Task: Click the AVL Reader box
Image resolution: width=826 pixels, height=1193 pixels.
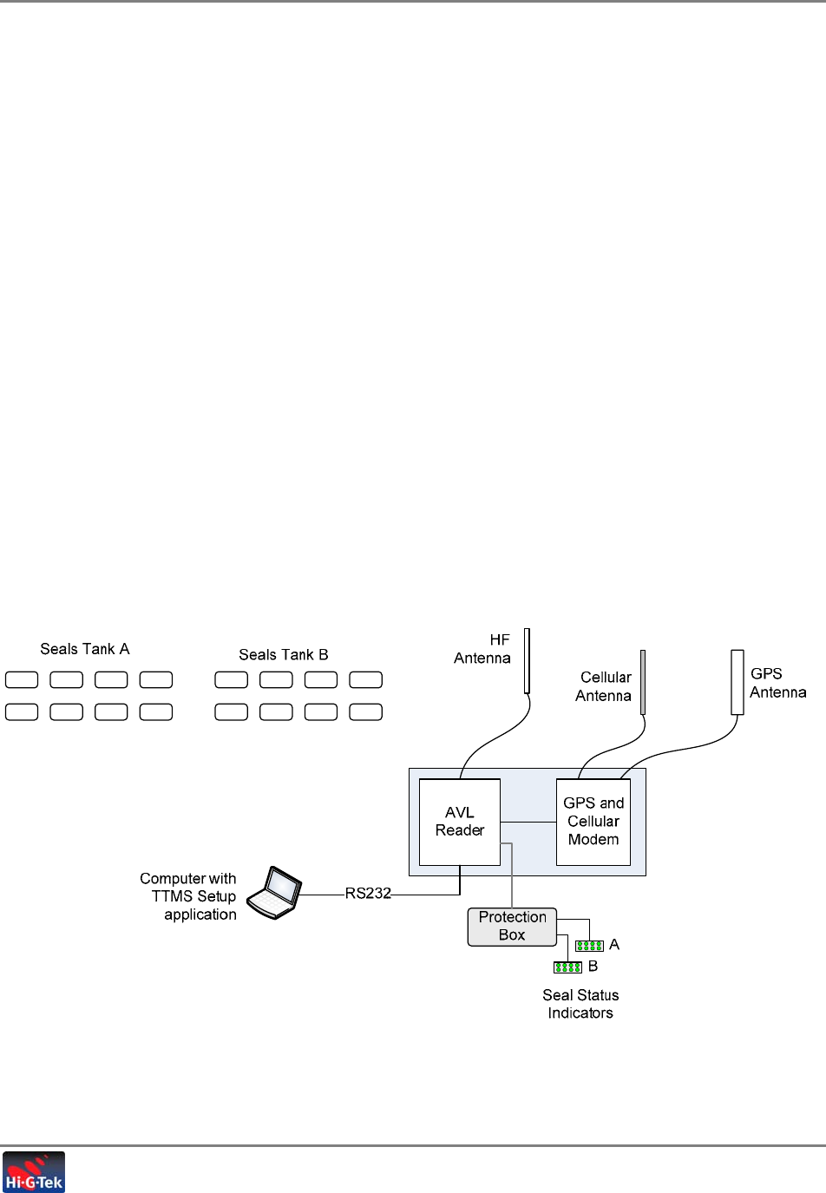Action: tap(459, 822)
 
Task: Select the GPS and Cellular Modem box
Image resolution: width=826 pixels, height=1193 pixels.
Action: tap(593, 822)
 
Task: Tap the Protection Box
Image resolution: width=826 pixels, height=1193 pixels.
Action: tap(512, 927)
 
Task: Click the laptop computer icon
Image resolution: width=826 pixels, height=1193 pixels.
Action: tap(274, 892)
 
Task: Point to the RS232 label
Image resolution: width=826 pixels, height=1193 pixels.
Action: tap(368, 894)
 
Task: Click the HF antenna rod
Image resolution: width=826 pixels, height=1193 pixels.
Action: tap(527, 661)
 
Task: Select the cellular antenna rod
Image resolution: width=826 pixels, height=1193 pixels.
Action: tap(643, 682)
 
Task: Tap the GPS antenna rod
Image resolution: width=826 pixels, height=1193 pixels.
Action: tap(737, 682)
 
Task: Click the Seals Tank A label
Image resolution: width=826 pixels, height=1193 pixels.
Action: tap(85, 649)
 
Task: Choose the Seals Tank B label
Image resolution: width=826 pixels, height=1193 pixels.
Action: tap(284, 655)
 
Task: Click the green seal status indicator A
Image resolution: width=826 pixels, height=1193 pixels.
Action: tap(590, 946)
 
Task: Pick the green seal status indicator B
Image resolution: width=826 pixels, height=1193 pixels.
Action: tap(567, 967)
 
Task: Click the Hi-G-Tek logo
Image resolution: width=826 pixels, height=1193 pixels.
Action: tap(34, 1172)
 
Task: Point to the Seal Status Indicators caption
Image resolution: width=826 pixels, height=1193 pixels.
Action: tap(580, 1004)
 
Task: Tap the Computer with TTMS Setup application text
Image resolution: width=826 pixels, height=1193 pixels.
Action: tap(189, 896)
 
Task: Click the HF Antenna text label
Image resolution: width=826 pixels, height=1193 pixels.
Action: tap(483, 649)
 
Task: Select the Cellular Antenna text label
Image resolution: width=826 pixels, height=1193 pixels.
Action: tap(604, 686)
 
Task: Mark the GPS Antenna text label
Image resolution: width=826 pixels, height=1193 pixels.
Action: tap(777, 683)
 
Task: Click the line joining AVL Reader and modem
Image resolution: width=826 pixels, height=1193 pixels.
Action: tap(528, 822)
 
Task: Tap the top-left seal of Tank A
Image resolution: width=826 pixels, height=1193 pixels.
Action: tap(22, 679)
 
